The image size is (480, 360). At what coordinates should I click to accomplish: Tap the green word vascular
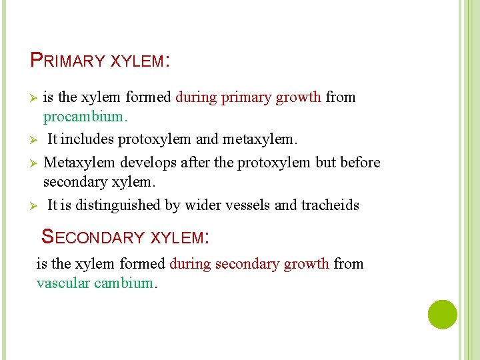[x=63, y=283]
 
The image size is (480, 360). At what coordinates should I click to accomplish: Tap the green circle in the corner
[x=443, y=314]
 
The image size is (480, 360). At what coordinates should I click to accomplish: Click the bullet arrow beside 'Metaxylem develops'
[x=35, y=163]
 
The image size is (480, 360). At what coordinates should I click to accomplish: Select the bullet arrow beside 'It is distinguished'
[x=35, y=206]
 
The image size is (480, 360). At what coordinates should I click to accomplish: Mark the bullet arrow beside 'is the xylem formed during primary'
[x=35, y=98]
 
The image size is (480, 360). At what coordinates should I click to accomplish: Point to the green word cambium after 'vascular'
[x=124, y=283]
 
